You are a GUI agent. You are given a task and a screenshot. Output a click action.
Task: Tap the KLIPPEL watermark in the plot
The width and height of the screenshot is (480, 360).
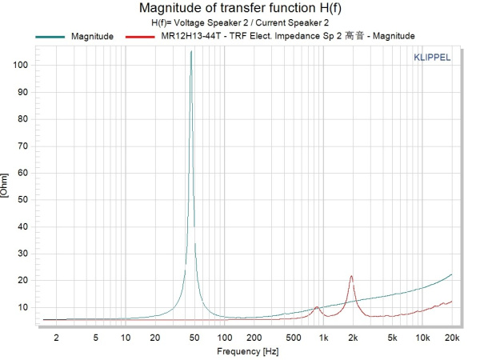click(x=431, y=58)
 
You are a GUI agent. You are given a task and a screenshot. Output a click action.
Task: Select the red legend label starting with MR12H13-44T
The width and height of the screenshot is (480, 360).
click(x=283, y=37)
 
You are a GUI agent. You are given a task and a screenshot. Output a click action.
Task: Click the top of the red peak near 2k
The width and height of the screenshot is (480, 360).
click(x=351, y=276)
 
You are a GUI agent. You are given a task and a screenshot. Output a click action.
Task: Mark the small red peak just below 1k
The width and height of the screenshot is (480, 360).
click(x=317, y=306)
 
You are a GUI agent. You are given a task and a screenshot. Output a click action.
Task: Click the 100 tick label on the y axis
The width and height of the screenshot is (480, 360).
click(x=22, y=65)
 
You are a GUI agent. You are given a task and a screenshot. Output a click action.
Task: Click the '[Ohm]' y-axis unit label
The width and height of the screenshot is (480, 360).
click(x=6, y=184)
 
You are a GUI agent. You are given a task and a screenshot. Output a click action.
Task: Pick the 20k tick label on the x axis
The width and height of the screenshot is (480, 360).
click(x=452, y=337)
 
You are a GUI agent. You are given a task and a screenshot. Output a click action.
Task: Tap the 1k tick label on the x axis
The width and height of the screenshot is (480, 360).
click(x=323, y=337)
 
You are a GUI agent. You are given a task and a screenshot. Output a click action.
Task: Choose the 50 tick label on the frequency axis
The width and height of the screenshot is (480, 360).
click(x=194, y=337)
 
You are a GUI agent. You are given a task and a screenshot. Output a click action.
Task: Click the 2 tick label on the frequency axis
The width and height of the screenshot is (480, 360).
click(x=56, y=337)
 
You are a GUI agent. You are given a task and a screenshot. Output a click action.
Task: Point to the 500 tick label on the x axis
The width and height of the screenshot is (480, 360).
click(x=293, y=337)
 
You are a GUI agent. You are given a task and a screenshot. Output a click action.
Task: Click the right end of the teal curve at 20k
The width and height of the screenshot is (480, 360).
click(x=452, y=274)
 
